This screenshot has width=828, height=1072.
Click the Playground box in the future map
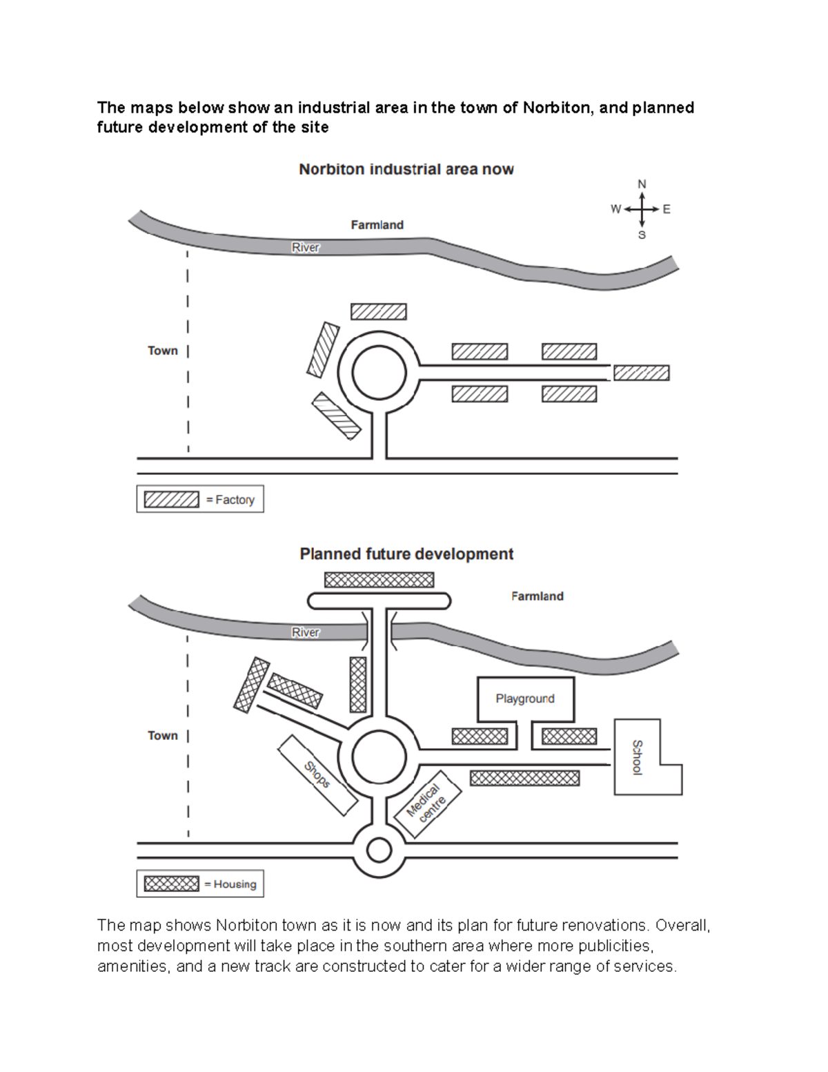[525, 699]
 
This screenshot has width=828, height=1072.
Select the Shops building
[317, 774]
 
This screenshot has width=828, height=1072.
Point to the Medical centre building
[427, 803]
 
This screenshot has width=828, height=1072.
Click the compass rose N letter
[642, 184]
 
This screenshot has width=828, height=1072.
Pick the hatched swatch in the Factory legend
[171, 499]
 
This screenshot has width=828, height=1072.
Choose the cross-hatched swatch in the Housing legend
[171, 884]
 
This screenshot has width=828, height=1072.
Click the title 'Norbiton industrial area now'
[406, 170]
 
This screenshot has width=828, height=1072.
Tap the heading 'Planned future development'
[406, 554]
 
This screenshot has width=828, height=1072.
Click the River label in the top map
[306, 247]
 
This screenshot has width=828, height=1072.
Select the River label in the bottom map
[306, 632]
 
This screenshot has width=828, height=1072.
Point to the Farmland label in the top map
[377, 225]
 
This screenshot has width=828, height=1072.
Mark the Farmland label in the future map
[537, 596]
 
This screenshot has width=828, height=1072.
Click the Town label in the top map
[163, 351]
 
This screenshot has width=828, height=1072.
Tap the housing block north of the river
[379, 580]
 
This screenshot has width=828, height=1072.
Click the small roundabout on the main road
[379, 850]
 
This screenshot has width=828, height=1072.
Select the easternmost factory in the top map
[641, 373]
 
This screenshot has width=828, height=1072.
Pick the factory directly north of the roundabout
[378, 311]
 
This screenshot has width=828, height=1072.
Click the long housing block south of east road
[524, 778]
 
